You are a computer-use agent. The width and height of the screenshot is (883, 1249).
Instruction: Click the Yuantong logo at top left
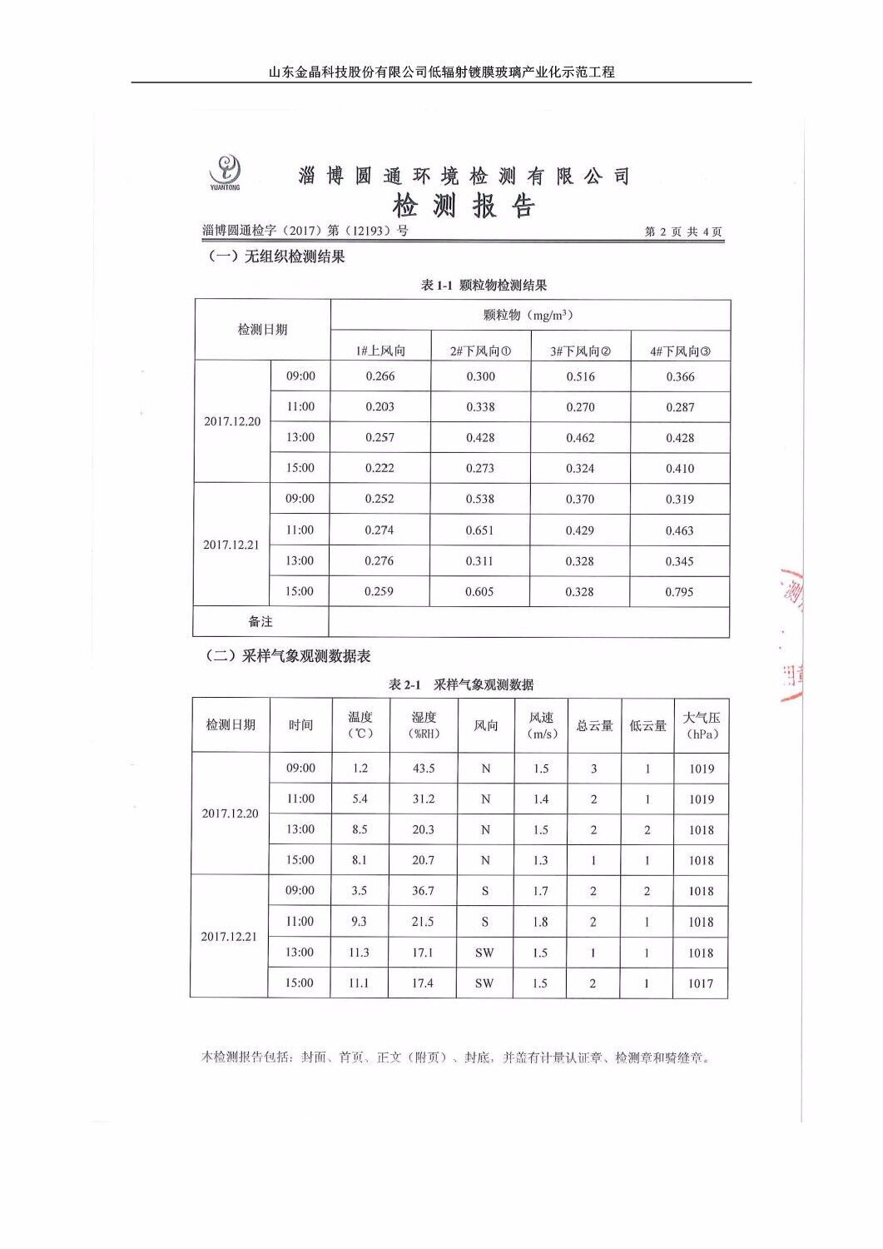(226, 173)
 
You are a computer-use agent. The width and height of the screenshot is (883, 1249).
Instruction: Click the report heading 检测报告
(464, 206)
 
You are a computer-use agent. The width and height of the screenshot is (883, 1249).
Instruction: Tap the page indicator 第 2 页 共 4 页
(683, 232)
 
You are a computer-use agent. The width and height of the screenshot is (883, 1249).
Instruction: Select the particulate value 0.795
(679, 592)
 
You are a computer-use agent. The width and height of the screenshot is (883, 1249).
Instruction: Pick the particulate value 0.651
(479, 530)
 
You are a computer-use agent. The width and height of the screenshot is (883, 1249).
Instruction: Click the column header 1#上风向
(380, 351)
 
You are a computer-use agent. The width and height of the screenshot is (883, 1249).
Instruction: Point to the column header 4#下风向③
(680, 351)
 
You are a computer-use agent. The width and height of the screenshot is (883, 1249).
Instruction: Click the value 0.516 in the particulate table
(580, 376)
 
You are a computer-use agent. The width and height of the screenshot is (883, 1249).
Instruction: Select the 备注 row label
(260, 622)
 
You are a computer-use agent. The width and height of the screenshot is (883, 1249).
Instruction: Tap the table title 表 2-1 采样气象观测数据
(461, 684)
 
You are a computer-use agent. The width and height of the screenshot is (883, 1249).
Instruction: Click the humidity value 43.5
(424, 769)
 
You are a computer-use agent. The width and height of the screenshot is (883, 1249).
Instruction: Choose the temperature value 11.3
(359, 953)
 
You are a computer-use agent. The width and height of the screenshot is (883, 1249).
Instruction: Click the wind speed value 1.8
(540, 922)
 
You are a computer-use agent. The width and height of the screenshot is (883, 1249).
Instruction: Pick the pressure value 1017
(701, 983)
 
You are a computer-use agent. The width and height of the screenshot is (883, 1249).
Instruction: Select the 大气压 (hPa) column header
(702, 725)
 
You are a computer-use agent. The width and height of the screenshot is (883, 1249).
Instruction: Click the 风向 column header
(485, 725)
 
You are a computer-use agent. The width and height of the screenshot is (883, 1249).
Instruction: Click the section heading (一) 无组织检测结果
(275, 256)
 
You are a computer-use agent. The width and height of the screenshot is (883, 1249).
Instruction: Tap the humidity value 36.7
(423, 891)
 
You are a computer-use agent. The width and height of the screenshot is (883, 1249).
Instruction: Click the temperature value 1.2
(360, 769)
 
